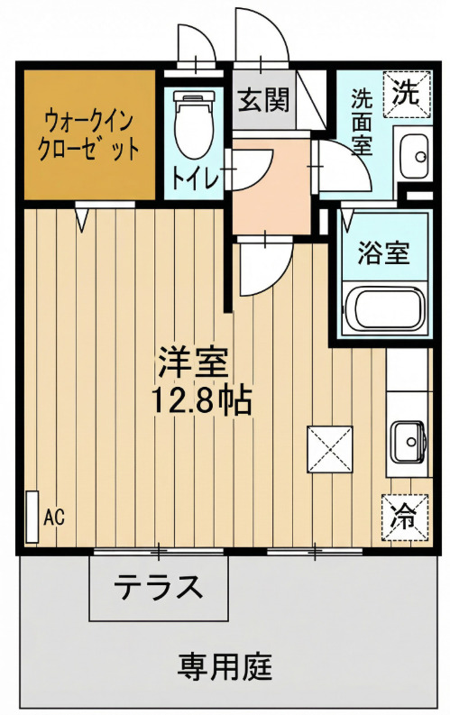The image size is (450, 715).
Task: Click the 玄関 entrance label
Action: click(262, 99)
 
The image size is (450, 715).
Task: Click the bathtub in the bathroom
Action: click(385, 308)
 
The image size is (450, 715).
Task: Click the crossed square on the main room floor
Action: click(330, 448)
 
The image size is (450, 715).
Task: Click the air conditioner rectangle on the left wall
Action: click(32, 518)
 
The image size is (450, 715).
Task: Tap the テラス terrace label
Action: click(157, 588)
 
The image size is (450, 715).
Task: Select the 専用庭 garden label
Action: click(225, 667)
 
